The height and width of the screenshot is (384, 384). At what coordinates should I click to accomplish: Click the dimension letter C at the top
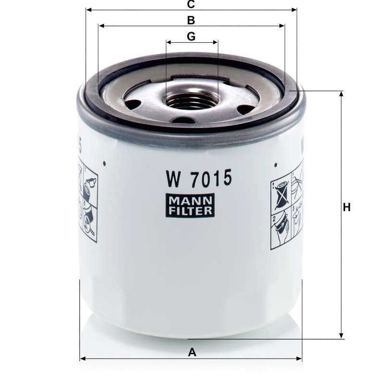[x=191, y=4]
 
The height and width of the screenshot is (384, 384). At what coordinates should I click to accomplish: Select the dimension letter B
[x=191, y=20]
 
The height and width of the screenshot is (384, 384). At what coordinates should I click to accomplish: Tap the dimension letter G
[x=191, y=36]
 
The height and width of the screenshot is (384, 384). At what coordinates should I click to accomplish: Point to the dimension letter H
[x=347, y=207]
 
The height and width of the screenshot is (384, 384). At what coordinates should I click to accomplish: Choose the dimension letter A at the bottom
[x=192, y=352]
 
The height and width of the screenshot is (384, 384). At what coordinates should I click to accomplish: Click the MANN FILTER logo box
[x=190, y=205]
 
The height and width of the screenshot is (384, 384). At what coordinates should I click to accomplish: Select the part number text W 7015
[x=199, y=179]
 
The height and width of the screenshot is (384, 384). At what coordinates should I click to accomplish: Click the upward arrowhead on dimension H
[x=341, y=94]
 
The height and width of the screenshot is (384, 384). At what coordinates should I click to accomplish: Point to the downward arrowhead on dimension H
[x=341, y=336]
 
